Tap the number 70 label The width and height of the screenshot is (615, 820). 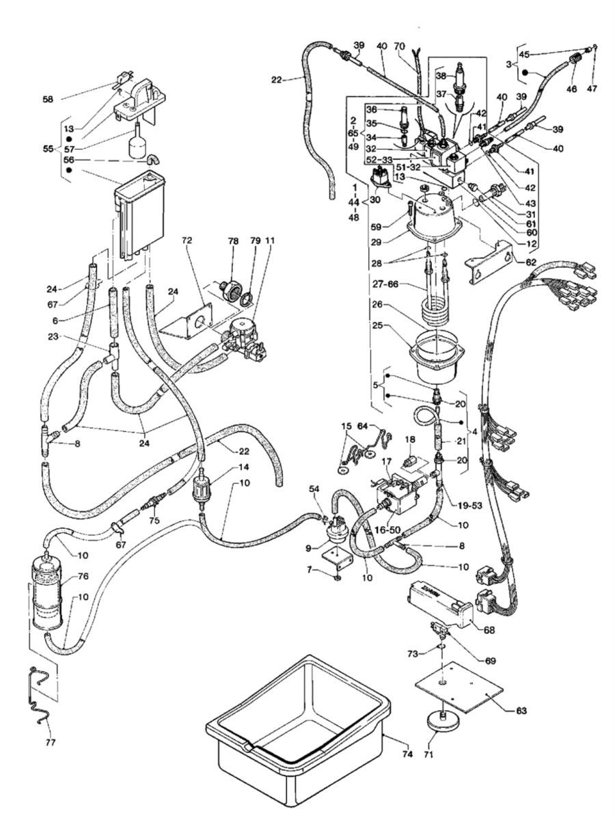(x=400, y=46)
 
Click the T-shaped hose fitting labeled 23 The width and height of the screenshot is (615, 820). (x=111, y=356)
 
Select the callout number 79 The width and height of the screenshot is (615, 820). (x=254, y=243)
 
